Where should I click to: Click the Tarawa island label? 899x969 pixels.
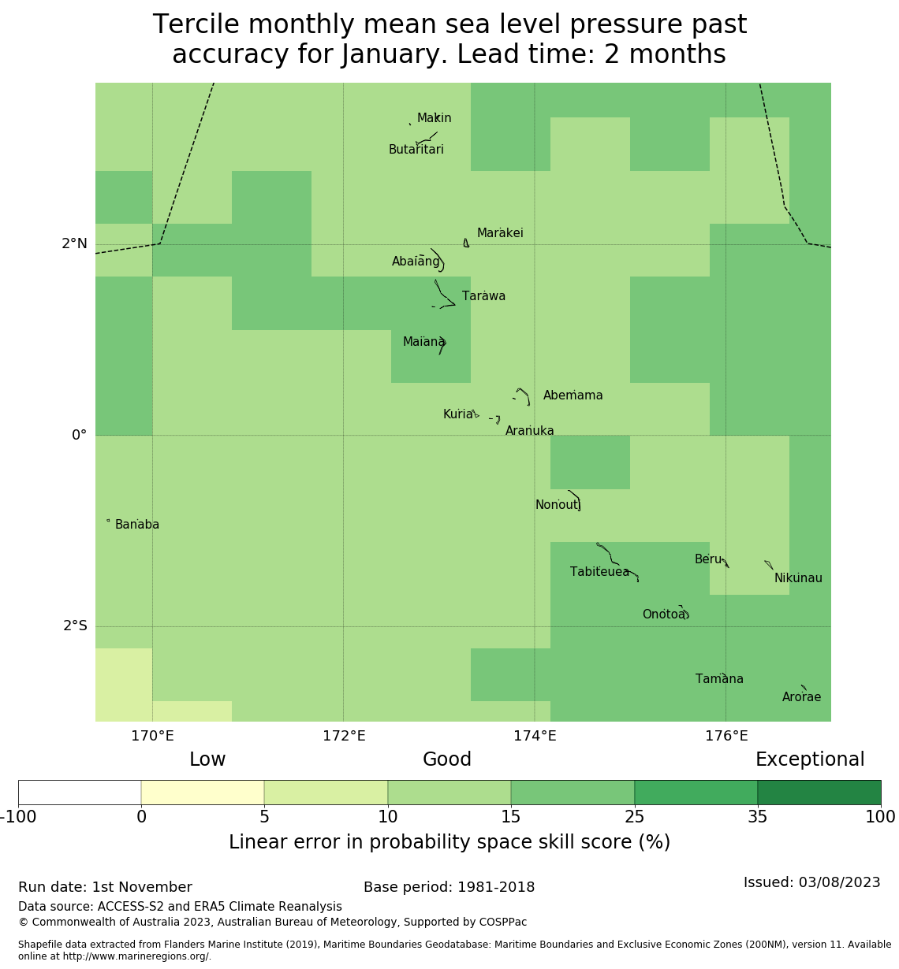tap(483, 296)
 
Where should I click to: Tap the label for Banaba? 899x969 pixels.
tap(137, 525)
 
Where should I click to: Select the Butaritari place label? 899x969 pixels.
tap(416, 150)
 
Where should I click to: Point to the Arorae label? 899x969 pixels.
tap(801, 697)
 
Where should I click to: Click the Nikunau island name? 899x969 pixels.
tap(798, 578)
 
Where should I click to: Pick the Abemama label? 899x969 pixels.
tap(573, 395)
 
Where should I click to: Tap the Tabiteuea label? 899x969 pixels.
tap(599, 572)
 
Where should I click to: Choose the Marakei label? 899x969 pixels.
tap(500, 233)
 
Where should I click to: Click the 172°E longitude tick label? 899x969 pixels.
tap(344, 737)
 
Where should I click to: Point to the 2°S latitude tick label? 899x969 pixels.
tap(75, 626)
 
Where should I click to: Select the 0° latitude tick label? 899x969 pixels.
tap(79, 436)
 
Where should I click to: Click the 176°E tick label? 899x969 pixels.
tap(726, 737)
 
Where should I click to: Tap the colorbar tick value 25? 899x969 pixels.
tap(634, 817)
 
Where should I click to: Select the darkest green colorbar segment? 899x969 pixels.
tap(819, 793)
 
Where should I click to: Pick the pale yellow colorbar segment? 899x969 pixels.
tap(203, 793)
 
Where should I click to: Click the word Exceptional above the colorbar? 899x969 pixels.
tap(810, 759)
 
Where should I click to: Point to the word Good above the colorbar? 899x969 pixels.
tap(447, 759)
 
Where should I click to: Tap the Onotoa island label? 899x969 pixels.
tap(663, 614)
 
